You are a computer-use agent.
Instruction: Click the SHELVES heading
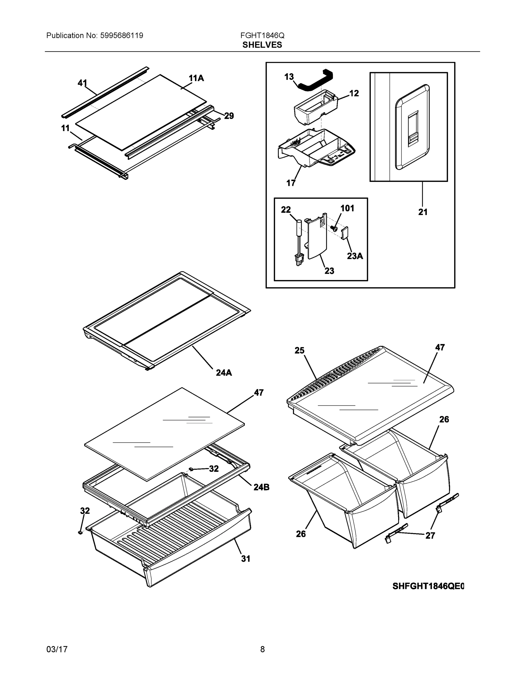click(x=262, y=45)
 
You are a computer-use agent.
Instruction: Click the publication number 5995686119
click(x=122, y=35)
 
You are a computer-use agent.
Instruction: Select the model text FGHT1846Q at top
click(x=262, y=35)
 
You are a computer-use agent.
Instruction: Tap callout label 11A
click(x=196, y=78)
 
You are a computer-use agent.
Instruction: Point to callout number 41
click(x=82, y=83)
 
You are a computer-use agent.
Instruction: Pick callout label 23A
click(x=355, y=256)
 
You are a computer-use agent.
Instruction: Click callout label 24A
click(x=224, y=372)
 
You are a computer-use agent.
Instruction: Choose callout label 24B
click(x=261, y=487)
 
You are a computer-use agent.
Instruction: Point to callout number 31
click(x=246, y=559)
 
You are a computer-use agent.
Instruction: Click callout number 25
click(x=299, y=350)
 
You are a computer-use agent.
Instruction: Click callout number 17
click(x=291, y=183)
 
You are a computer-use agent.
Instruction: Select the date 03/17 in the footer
click(x=57, y=649)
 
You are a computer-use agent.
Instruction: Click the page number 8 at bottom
click(x=262, y=649)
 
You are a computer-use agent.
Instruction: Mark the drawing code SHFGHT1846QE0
click(x=428, y=586)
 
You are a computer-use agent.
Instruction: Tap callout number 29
click(x=229, y=116)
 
